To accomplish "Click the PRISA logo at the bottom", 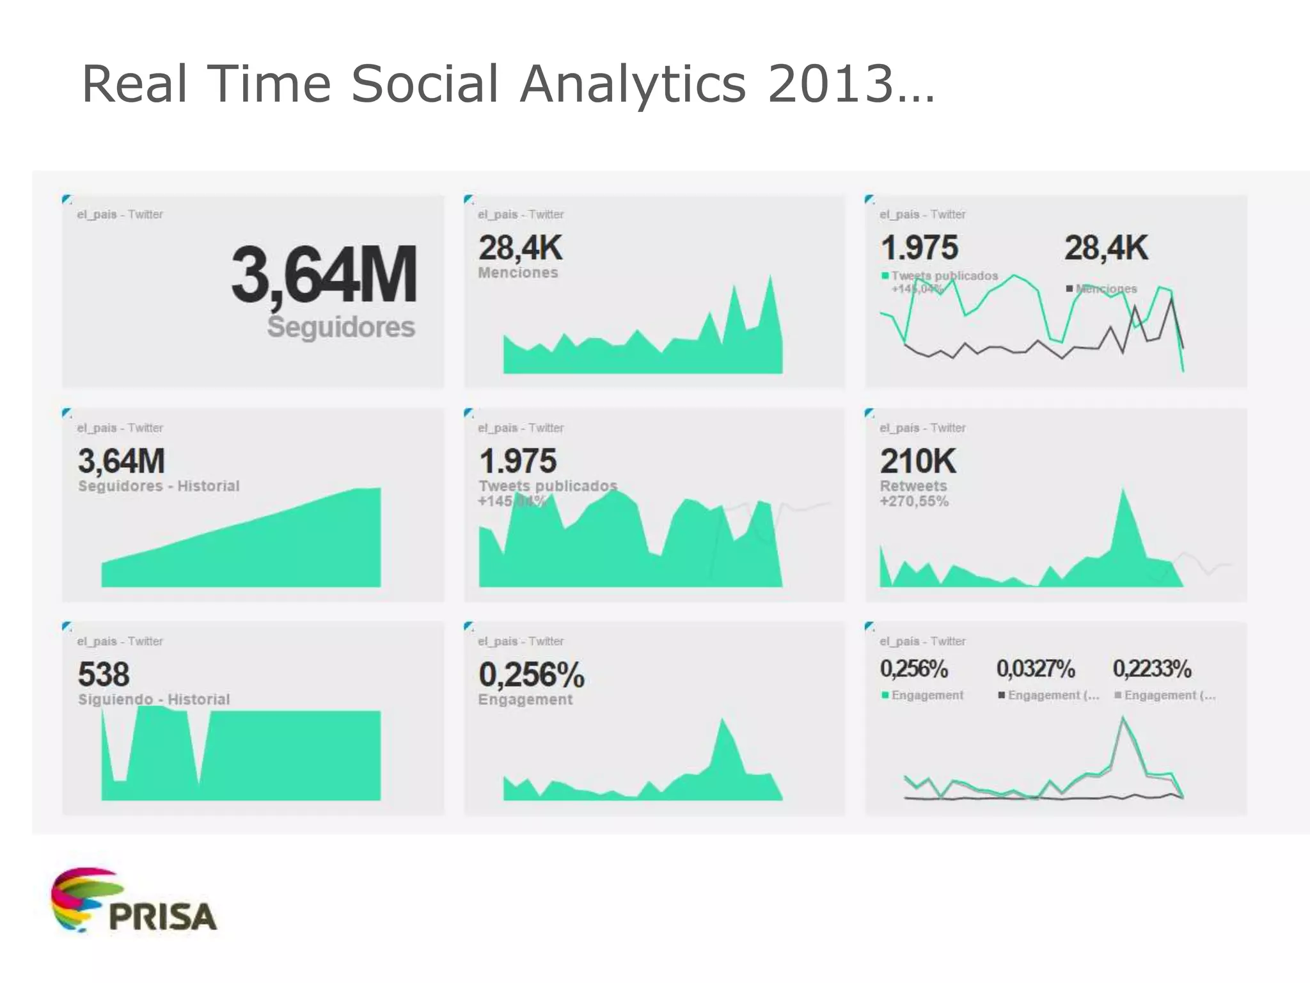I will (x=134, y=901).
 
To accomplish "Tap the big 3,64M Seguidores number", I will (x=324, y=275).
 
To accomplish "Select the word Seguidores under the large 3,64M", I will (x=341, y=327).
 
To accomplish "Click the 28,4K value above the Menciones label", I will (x=520, y=248).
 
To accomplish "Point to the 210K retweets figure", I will (x=918, y=461).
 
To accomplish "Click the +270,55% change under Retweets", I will (x=914, y=501).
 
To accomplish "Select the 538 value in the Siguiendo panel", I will (x=104, y=674).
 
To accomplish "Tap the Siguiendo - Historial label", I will (x=154, y=699).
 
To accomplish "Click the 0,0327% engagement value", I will (x=1035, y=669).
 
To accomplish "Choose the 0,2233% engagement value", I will (x=1151, y=669).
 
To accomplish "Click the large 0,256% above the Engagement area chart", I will (x=531, y=675).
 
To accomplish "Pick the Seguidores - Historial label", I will (x=159, y=486).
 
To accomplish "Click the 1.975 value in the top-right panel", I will (x=919, y=248).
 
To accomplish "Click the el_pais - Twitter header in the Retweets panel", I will (x=922, y=428).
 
